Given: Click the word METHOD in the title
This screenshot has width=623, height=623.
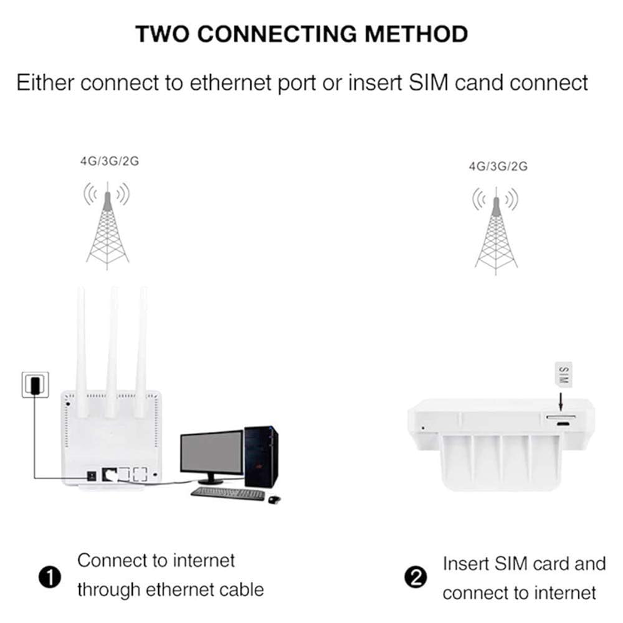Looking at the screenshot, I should [416, 34].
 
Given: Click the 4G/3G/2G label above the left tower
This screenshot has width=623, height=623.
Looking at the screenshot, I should [109, 161].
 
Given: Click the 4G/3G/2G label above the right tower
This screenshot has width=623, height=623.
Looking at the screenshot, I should [498, 166].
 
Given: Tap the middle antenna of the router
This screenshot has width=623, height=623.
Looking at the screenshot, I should [112, 349].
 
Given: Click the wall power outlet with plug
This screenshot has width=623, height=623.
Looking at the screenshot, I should [35, 384].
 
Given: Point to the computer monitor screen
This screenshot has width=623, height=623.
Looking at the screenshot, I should [212, 452].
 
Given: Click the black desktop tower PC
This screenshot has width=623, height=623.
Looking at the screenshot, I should [261, 457].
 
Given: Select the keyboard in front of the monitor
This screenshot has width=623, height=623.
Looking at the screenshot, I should [227, 493].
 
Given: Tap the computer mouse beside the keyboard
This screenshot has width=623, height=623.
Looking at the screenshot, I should [274, 498].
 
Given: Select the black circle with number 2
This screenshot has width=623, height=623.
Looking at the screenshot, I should [416, 578].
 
